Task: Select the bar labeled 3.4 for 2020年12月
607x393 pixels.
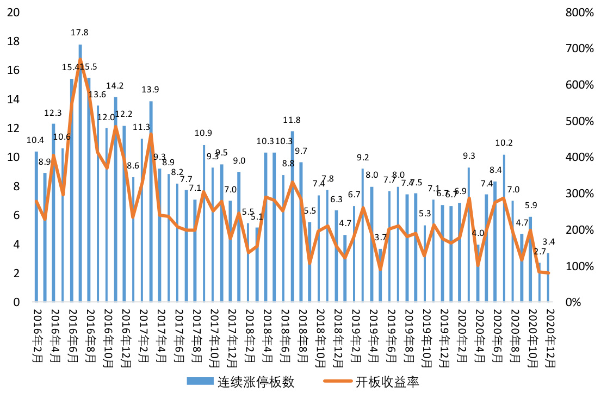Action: [x=548, y=277]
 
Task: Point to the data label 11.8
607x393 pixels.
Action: [x=292, y=120]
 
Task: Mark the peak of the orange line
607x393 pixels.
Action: [x=80, y=59]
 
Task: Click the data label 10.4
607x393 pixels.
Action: [x=36, y=140]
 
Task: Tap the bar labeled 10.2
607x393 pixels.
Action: [x=504, y=228]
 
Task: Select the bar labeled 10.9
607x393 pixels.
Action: [x=203, y=223]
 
